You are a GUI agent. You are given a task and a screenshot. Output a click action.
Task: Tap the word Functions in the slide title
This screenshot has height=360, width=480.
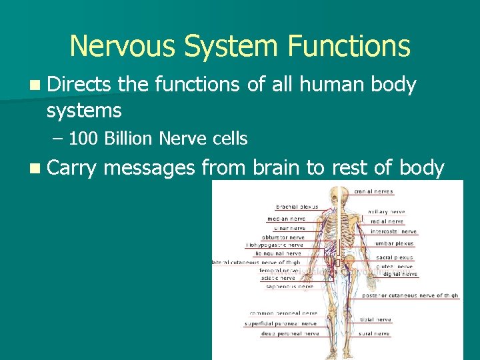click(x=349, y=46)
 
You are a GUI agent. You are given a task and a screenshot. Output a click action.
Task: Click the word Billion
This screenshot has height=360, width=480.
click(x=129, y=139)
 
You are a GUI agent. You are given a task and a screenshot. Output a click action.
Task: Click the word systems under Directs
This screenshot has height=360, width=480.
click(x=84, y=109)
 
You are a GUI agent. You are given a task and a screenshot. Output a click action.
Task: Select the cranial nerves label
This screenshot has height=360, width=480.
click(x=373, y=191)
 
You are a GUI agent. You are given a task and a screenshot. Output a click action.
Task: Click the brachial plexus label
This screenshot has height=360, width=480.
click(x=297, y=207)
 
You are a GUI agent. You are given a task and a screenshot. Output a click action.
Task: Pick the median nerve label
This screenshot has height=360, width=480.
click(x=287, y=218)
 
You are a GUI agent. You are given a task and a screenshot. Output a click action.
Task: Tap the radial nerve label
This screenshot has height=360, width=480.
click(x=387, y=221)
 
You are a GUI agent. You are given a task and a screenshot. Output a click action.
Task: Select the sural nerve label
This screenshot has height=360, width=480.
click(x=373, y=333)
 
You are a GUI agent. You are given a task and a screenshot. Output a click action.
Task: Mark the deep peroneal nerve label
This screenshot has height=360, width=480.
click(x=291, y=333)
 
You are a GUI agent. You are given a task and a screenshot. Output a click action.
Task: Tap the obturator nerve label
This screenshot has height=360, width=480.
click(x=283, y=237)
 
